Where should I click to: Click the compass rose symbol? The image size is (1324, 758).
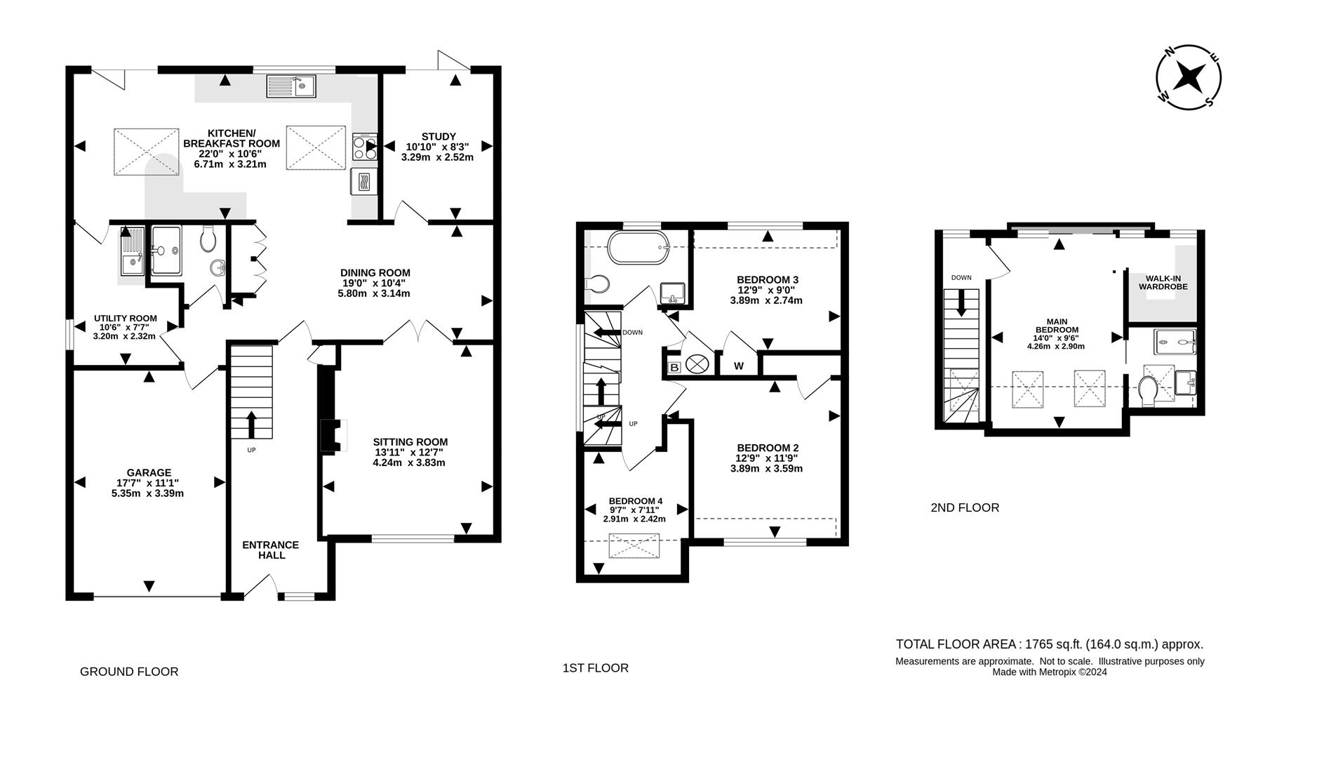[x=1189, y=77]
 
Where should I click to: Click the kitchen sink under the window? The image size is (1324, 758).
[x=292, y=87]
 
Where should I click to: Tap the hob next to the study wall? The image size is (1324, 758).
[x=365, y=147]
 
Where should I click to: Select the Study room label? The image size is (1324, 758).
[x=439, y=136]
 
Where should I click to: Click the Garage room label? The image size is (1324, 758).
[x=149, y=472]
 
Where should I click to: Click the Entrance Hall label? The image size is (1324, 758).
[x=271, y=550]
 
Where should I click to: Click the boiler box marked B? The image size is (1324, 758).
[x=674, y=367]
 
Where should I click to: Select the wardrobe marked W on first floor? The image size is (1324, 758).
[x=738, y=366]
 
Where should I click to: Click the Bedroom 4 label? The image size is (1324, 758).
[x=635, y=500]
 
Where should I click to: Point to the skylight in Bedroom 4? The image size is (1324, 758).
[x=634, y=546]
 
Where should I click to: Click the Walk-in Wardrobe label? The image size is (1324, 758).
[x=1163, y=282]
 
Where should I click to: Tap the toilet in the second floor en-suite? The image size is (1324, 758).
[x=1149, y=391]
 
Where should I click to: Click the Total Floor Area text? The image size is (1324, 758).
[x=1049, y=644]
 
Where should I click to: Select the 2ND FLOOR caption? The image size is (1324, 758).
[x=964, y=507]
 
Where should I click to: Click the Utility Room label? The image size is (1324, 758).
[x=126, y=318]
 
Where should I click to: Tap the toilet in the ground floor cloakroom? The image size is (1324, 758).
[x=208, y=239]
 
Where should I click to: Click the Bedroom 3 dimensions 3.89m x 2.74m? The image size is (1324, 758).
[x=766, y=300]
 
